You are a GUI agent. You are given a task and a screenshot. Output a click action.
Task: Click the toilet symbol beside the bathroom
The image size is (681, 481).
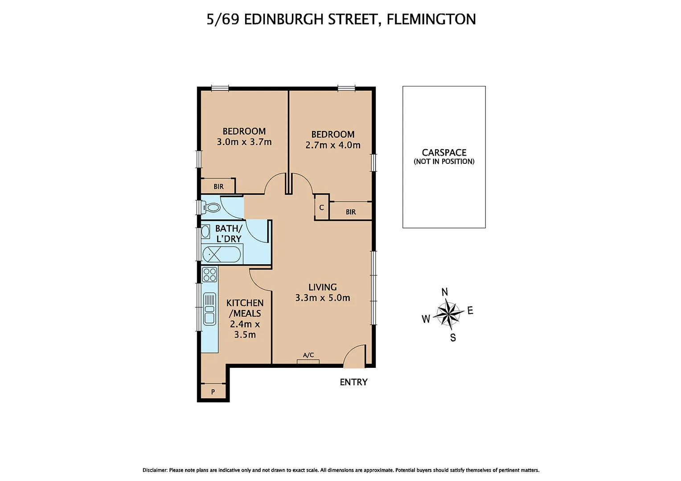tap(212, 208)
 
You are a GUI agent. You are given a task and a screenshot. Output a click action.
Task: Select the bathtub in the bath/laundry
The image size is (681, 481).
tap(222, 255)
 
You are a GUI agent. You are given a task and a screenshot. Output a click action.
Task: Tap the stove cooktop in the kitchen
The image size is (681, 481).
tap(209, 275)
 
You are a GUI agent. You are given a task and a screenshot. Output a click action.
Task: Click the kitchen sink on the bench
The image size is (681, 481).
tap(209, 309)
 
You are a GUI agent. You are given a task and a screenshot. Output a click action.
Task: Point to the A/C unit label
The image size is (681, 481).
tap(308, 355)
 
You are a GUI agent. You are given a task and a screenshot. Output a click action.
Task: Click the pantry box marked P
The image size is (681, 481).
tap(213, 392)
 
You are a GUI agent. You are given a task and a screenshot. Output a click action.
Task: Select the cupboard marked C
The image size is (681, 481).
tap(321, 208)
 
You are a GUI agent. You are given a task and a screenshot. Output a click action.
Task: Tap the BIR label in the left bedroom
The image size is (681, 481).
tap(218, 187)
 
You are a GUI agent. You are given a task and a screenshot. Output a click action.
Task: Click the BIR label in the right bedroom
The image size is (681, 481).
tap(351, 212)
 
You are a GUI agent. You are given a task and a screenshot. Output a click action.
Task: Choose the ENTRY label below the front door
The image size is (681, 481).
tap(353, 382)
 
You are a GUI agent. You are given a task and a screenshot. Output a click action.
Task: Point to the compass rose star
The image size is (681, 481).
tap(448, 314)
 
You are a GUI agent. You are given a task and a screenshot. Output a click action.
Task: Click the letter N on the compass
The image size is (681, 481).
tap(444, 292)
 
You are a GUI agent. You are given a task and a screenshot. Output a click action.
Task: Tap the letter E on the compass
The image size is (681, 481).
tap(470, 311)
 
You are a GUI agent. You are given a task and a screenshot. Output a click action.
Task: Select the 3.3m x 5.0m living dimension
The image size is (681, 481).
tap(323, 298)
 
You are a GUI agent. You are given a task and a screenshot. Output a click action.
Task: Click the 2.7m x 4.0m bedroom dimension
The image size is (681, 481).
tap(333, 145)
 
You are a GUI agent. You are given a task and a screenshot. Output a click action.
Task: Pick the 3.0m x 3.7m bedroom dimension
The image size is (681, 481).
tap(244, 142)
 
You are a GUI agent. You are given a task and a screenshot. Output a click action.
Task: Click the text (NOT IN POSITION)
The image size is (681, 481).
tap(444, 162)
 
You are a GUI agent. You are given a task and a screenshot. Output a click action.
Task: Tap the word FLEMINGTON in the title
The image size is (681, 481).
tap(431, 19)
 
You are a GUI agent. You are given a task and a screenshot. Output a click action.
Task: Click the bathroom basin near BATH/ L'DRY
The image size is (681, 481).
tap(205, 232)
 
